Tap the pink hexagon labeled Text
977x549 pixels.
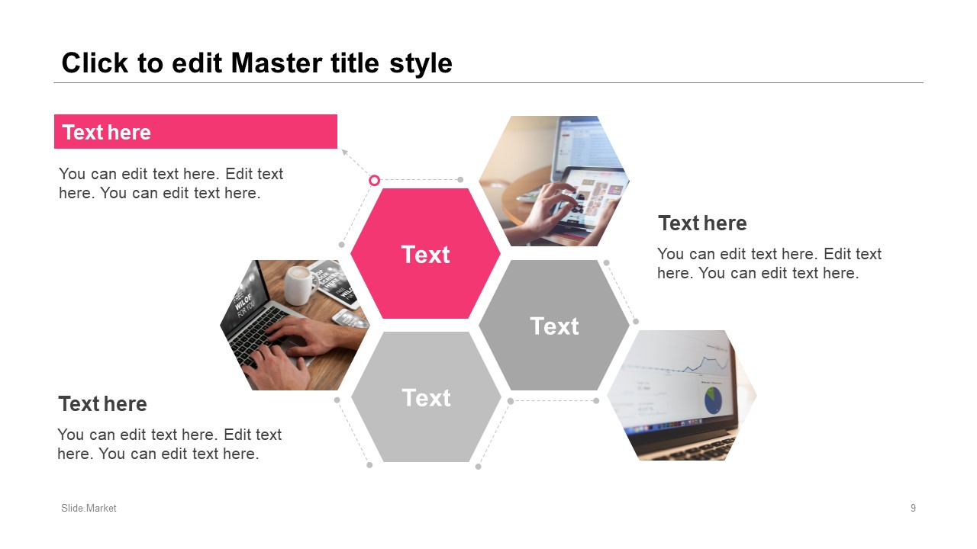pyautogui.click(x=425, y=254)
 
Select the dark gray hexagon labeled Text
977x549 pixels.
pyautogui.click(x=554, y=325)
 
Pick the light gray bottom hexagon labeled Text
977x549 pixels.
pyautogui.click(x=426, y=397)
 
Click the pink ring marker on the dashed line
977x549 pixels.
pyautogui.click(x=374, y=180)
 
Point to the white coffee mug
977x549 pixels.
pyautogui.click(x=300, y=285)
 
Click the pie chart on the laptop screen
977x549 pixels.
pyautogui.click(x=713, y=400)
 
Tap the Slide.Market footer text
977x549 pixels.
pyautogui.click(x=89, y=508)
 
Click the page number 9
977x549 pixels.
pyautogui.click(x=913, y=508)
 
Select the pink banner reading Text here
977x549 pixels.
pyautogui.click(x=195, y=132)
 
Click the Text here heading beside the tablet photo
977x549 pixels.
pyautogui.click(x=702, y=223)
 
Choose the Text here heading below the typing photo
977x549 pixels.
pyautogui.click(x=102, y=403)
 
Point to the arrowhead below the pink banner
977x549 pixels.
pyautogui.click(x=344, y=152)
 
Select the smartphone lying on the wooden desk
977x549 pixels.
pyautogui.click(x=350, y=318)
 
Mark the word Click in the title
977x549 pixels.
pyautogui.click(x=95, y=63)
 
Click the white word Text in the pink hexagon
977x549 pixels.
pyautogui.click(x=425, y=255)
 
